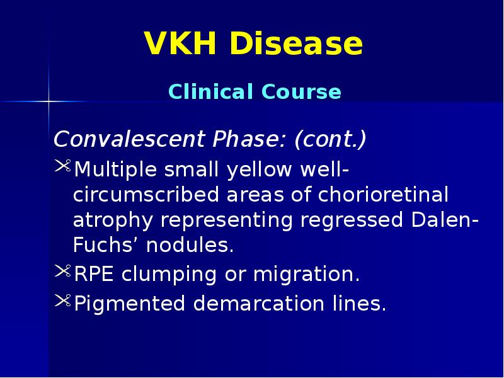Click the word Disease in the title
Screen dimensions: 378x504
coord(295,45)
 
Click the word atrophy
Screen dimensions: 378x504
coord(113,221)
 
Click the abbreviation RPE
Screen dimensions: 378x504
coord(94,275)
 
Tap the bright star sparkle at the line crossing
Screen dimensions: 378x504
coord(49,101)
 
